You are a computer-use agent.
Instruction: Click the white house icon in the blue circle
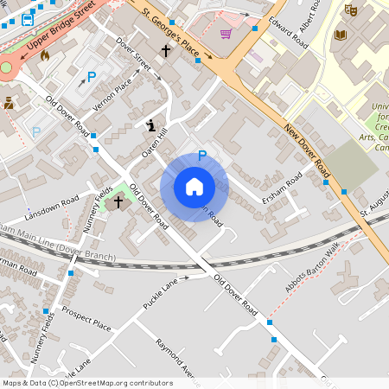pyautogui.click(x=194, y=187)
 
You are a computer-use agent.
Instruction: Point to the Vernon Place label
pyautogui.click(x=113, y=97)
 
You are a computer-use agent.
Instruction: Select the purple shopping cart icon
pyautogui.click(x=226, y=34)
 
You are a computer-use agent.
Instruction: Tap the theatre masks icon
pyautogui.click(x=350, y=10)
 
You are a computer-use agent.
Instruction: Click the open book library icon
pyautogui.click(x=340, y=35)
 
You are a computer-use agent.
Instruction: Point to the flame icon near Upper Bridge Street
pyautogui.click(x=44, y=54)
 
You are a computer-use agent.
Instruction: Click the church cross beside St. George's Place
pyautogui.click(x=165, y=51)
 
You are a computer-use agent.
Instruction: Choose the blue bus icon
pyautogui.click(x=28, y=18)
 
